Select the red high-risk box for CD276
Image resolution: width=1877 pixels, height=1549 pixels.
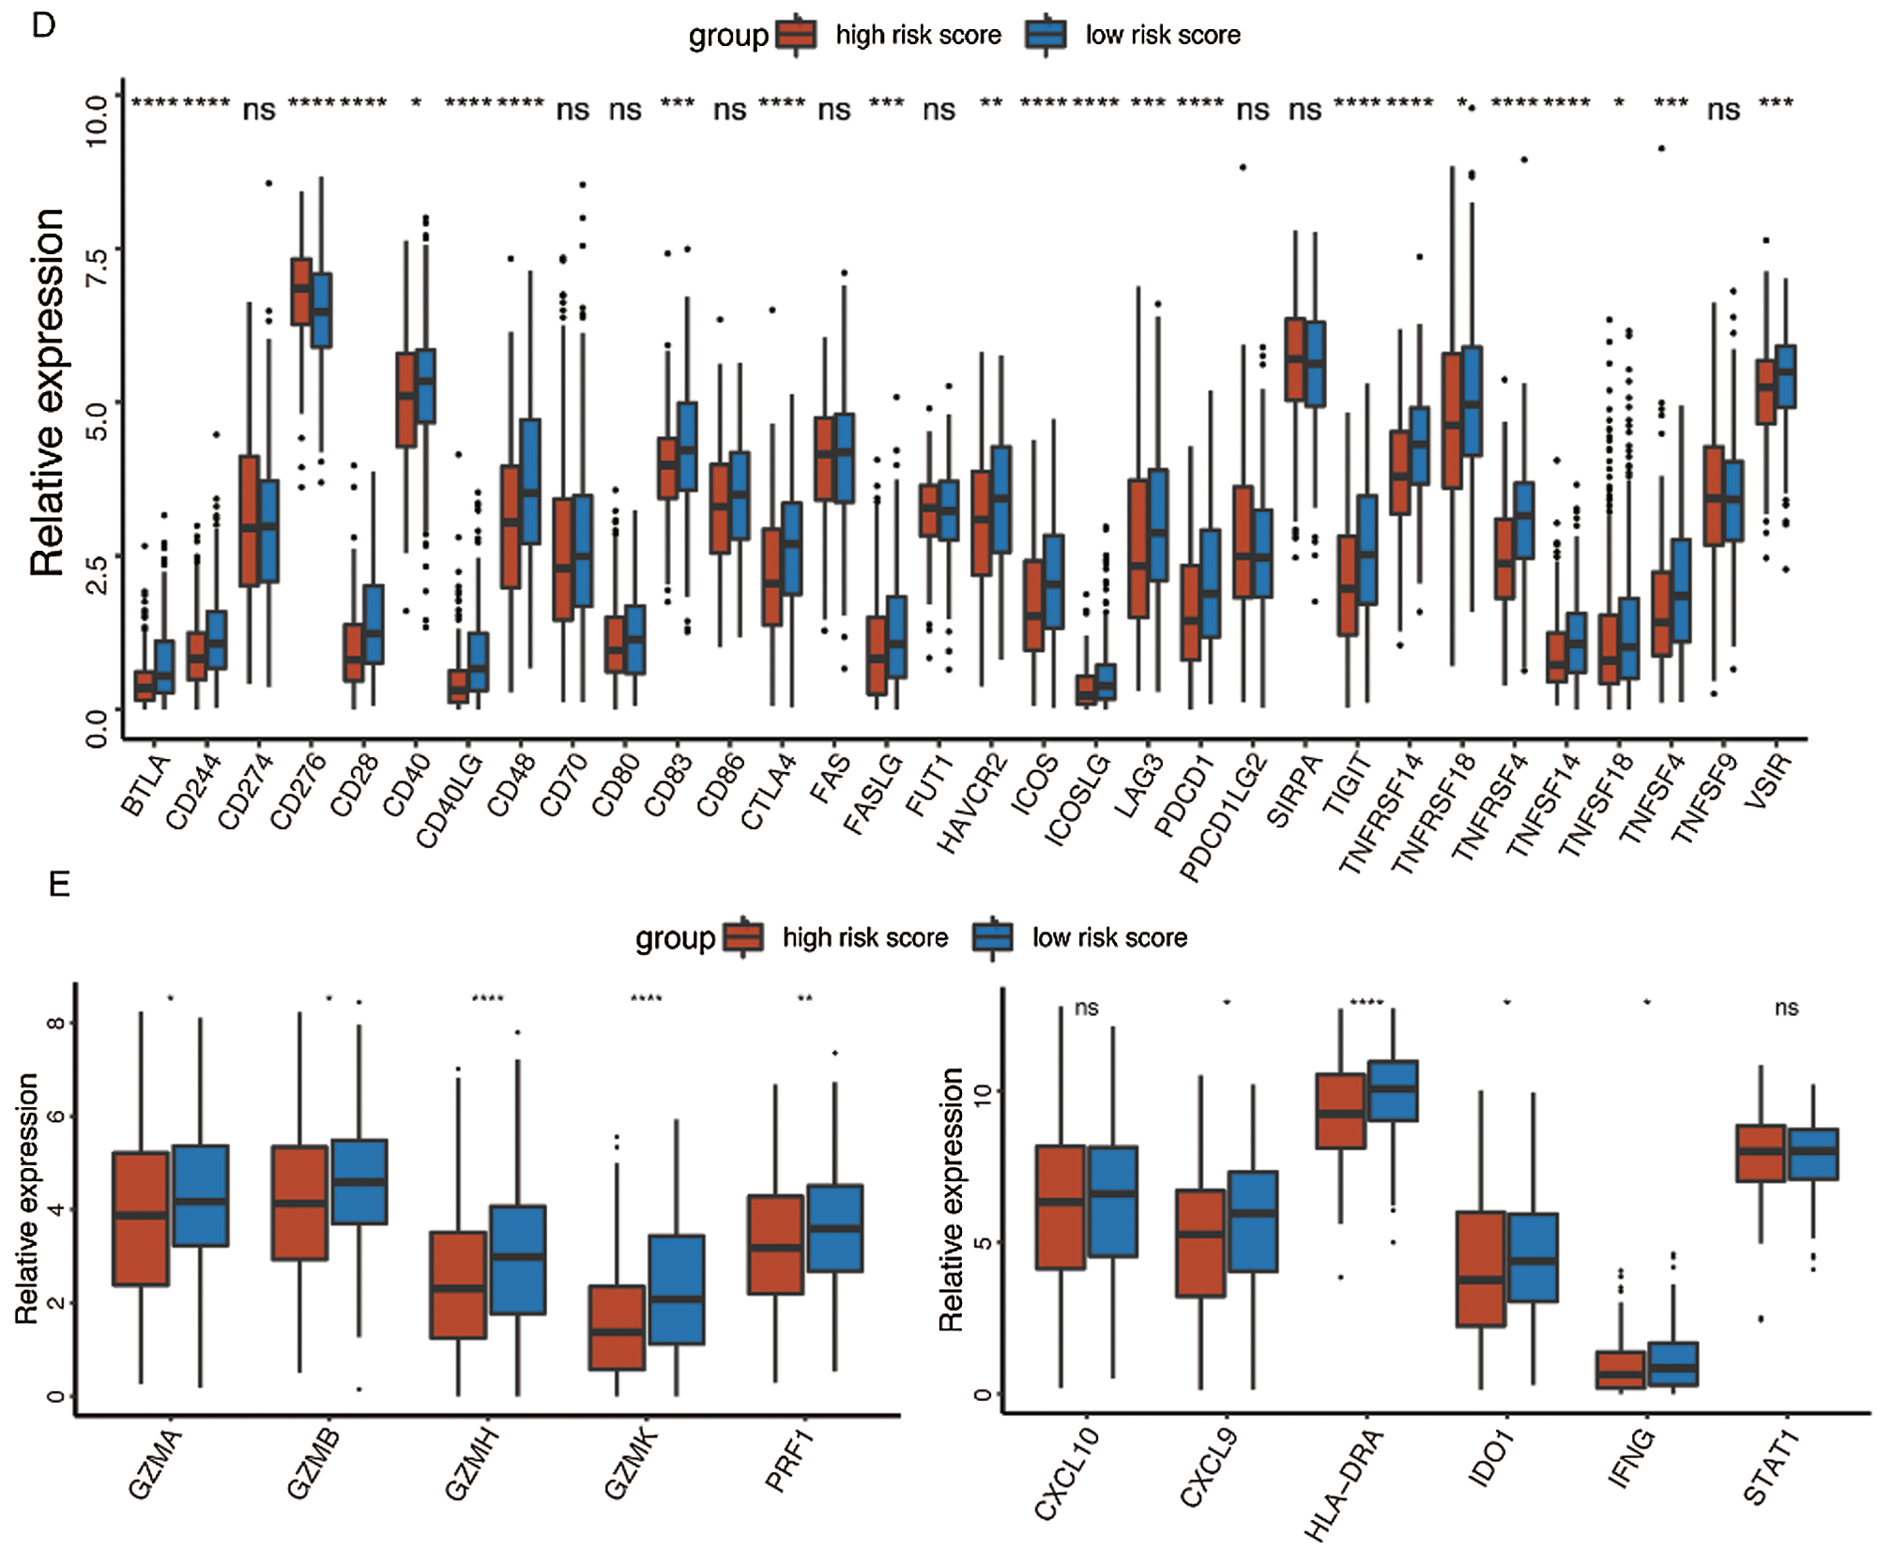click(x=301, y=291)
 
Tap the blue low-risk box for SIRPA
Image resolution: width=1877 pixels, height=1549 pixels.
click(x=1315, y=364)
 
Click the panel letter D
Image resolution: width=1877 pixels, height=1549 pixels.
click(x=43, y=25)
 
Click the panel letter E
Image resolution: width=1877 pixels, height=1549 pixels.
click(x=59, y=884)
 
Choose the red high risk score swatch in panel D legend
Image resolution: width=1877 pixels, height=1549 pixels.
click(x=797, y=36)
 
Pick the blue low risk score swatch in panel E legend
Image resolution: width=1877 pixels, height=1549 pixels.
click(x=993, y=937)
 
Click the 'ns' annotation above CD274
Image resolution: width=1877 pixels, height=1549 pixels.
click(x=259, y=111)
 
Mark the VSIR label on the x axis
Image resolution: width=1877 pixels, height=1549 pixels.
click(x=1770, y=777)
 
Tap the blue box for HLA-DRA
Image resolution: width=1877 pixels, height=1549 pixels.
click(x=1393, y=1090)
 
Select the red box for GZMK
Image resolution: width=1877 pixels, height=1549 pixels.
click(x=618, y=1328)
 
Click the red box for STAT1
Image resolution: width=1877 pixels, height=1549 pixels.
click(x=1761, y=1153)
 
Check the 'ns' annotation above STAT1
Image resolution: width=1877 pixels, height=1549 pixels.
click(x=1786, y=1008)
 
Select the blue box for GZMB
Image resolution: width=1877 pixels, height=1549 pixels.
click(x=359, y=1182)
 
